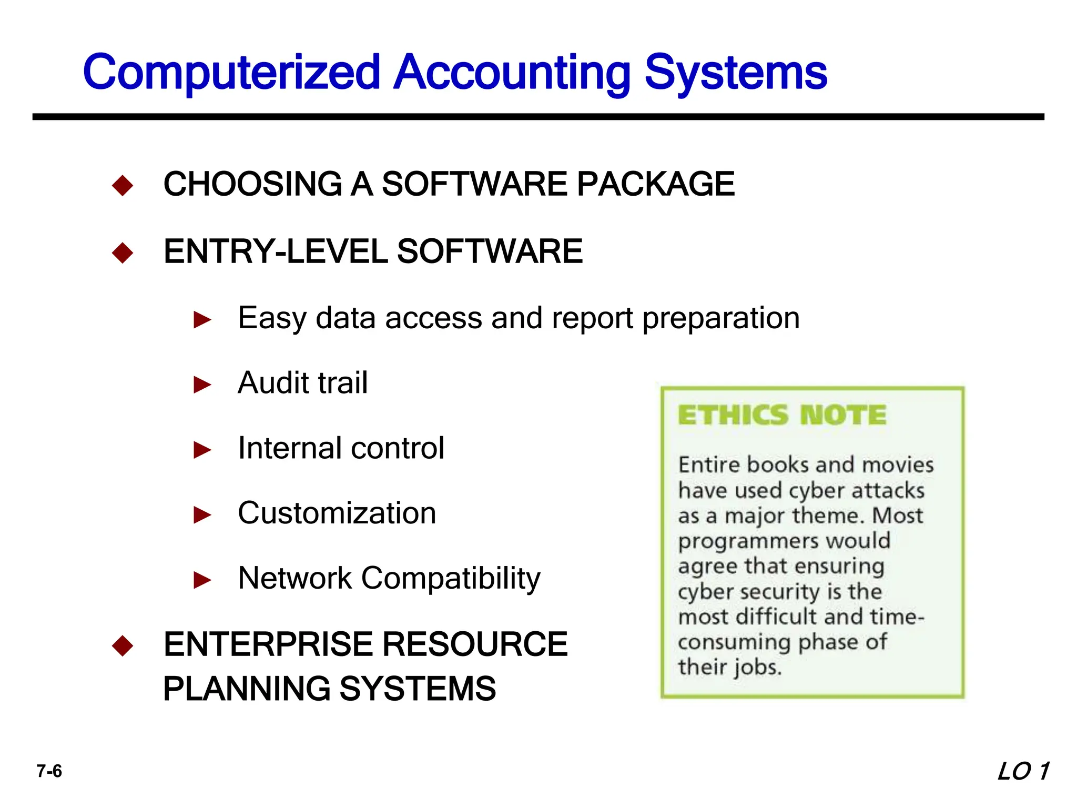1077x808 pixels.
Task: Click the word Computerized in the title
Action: (231, 72)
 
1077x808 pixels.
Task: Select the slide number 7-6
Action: (49, 771)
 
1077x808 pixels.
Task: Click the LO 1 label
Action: (1023, 771)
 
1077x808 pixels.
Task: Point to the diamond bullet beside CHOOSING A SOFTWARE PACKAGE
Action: (123, 185)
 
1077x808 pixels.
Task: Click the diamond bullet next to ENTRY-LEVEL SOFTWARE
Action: (123, 252)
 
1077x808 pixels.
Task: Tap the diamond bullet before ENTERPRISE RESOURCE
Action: (123, 645)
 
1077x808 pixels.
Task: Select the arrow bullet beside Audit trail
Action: (202, 385)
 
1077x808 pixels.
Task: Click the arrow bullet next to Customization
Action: (202, 514)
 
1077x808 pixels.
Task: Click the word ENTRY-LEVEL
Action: (276, 251)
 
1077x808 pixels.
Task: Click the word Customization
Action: (337, 513)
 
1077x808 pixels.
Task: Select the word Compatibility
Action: (451, 579)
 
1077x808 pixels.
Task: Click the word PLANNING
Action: (247, 689)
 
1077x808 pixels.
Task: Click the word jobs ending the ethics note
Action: (758, 668)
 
